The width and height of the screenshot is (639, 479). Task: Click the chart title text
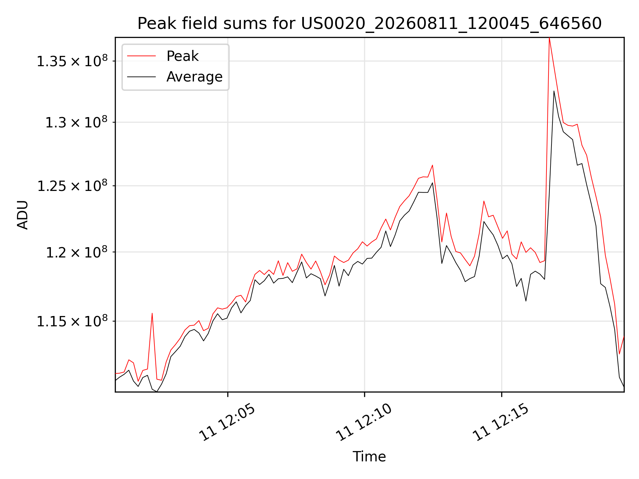[x=369, y=24]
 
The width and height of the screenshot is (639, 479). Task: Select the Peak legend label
[x=182, y=56]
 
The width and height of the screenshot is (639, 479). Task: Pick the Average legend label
[x=194, y=77]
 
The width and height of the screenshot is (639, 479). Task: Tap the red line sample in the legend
[x=141, y=56]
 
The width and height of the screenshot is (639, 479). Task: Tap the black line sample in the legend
[x=141, y=77]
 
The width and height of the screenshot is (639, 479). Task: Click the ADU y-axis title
[x=23, y=215]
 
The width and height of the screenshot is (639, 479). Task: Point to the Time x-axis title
[x=369, y=457]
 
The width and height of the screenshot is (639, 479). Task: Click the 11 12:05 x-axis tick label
[x=227, y=422]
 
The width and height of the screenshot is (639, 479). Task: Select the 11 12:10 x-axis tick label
[x=364, y=422]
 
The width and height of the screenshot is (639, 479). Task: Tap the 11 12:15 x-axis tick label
[x=501, y=422]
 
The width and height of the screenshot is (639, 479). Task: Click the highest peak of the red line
[x=549, y=38]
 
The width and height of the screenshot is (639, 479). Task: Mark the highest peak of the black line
[x=554, y=91]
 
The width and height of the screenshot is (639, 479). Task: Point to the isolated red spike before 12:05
[x=152, y=313]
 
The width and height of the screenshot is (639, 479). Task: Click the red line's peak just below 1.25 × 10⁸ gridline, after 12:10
[x=484, y=201]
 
